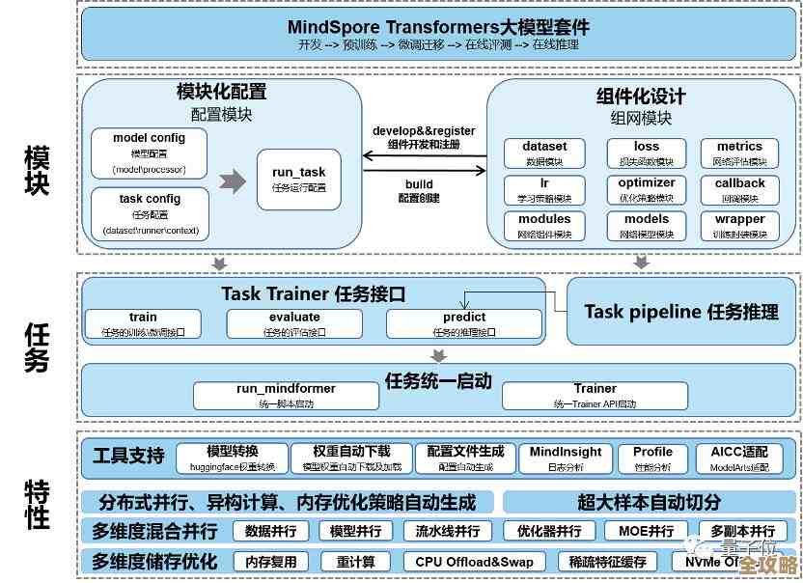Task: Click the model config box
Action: [x=150, y=153]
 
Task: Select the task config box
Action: [x=150, y=213]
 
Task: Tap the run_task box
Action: [x=299, y=180]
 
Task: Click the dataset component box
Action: [x=544, y=153]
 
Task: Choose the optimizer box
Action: [x=647, y=189]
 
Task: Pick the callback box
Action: [x=740, y=189]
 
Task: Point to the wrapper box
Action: [x=740, y=226]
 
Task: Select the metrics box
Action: [x=740, y=153]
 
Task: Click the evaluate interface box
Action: [x=294, y=324]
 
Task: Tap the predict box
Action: [x=464, y=324]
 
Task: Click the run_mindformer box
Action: [x=286, y=395]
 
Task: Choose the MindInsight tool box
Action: [x=566, y=458]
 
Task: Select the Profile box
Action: [x=652, y=458]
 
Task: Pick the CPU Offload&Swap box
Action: [x=474, y=562]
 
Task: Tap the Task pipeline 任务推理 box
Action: [x=681, y=312]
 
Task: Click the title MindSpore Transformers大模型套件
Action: [x=438, y=26]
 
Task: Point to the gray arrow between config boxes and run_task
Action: [x=233, y=180]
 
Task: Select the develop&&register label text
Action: [x=424, y=130]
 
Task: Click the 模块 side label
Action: [x=37, y=172]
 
